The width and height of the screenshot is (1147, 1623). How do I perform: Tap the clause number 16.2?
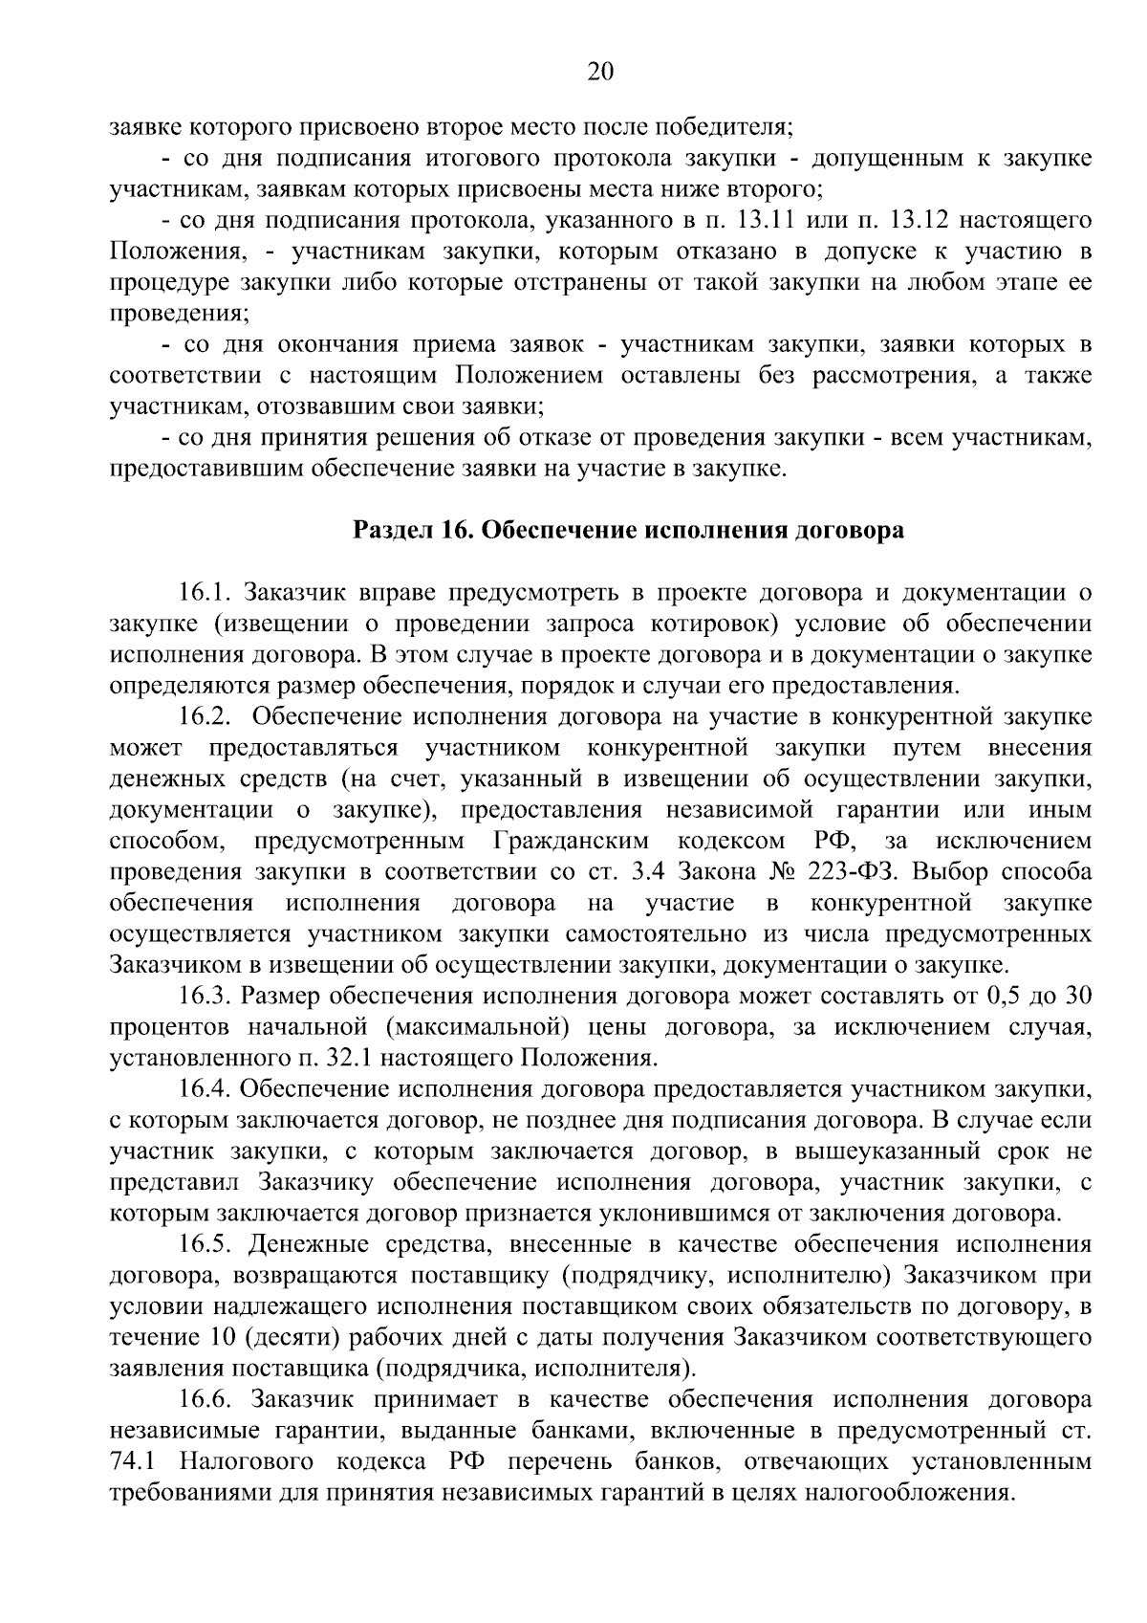(206, 717)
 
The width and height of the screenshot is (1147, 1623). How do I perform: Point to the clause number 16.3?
(206, 997)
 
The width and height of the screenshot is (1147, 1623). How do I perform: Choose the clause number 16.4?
(206, 1090)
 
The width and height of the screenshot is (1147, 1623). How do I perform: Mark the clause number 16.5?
(206, 1245)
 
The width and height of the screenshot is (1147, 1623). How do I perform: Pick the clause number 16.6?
(206, 1400)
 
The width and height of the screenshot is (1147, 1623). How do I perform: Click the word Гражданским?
(572, 842)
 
